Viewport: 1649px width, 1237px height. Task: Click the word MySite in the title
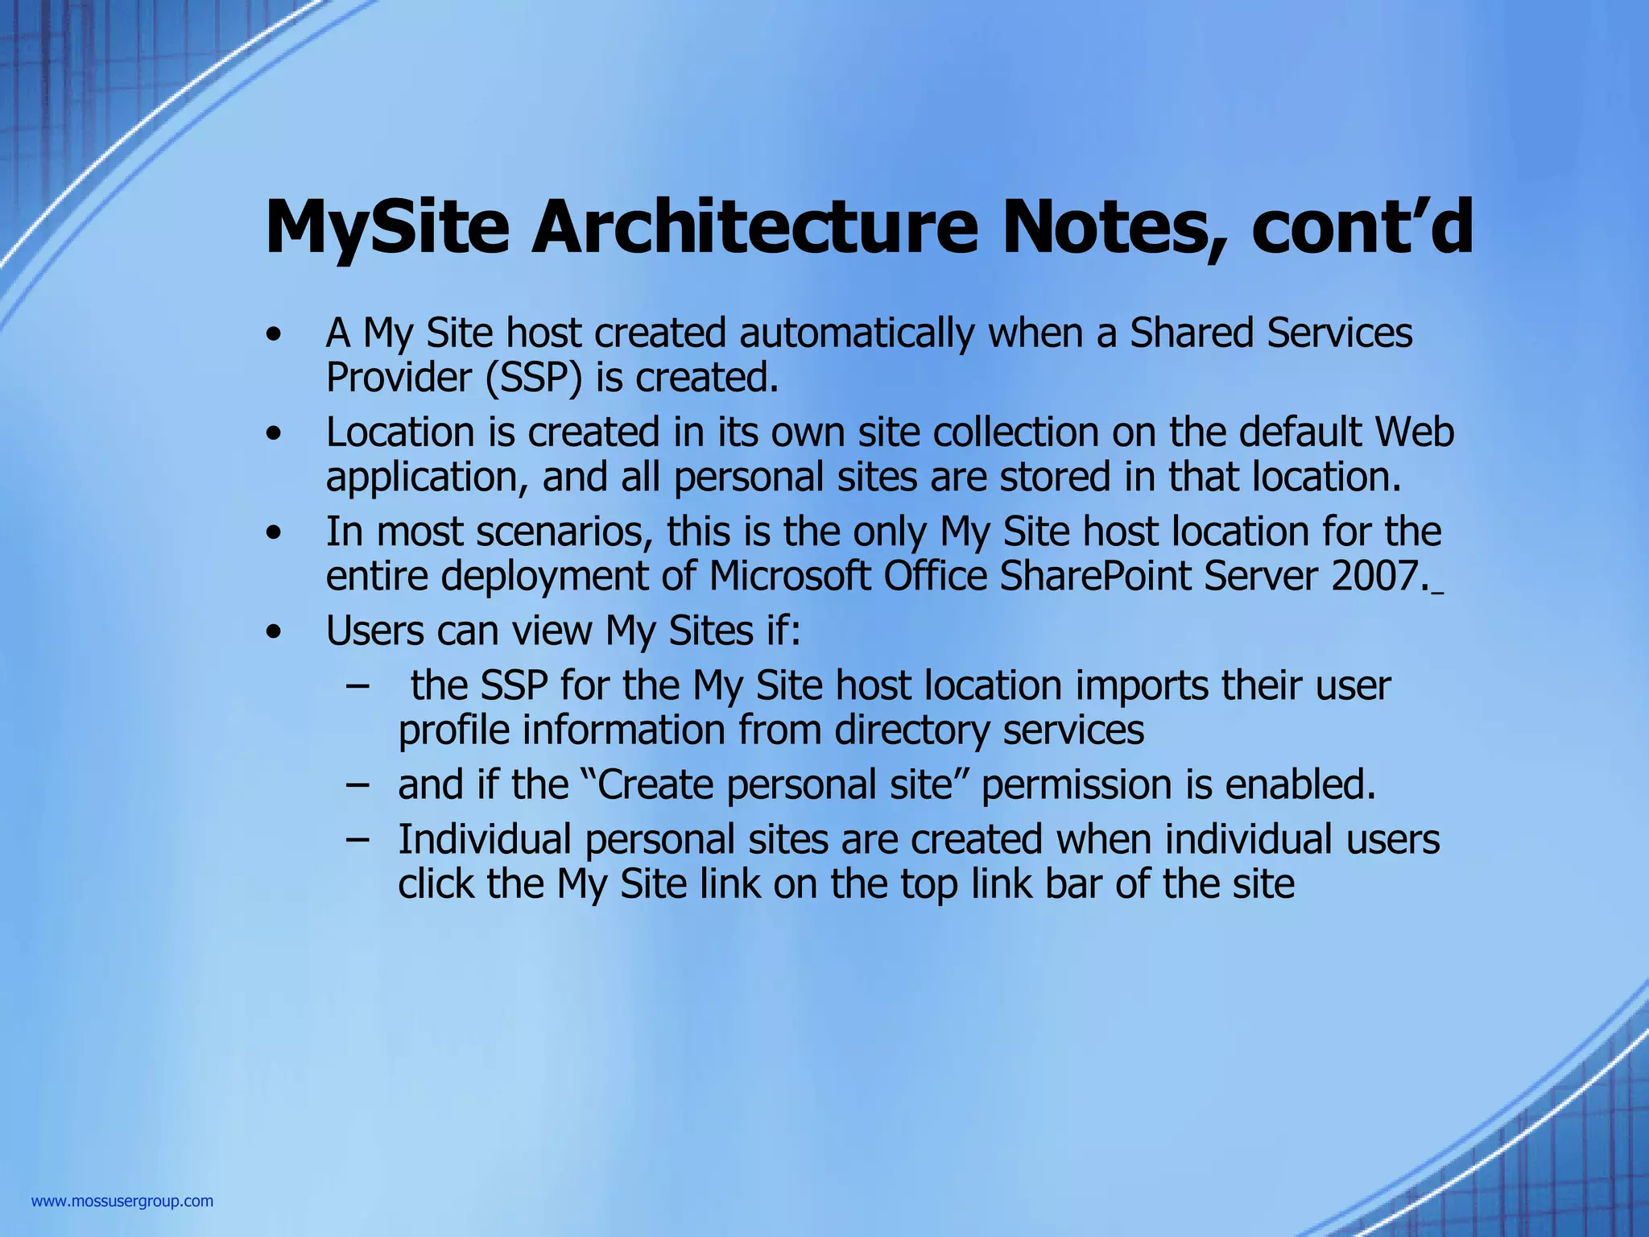click(386, 228)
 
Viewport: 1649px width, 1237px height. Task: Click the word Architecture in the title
click(754, 228)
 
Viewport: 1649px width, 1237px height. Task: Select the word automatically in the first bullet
click(857, 333)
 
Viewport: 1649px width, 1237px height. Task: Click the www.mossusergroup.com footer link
click(122, 1202)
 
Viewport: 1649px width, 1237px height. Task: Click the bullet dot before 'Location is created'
click(275, 435)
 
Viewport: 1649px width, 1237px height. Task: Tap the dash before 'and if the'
click(357, 784)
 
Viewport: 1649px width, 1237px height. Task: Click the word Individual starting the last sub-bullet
click(485, 838)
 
